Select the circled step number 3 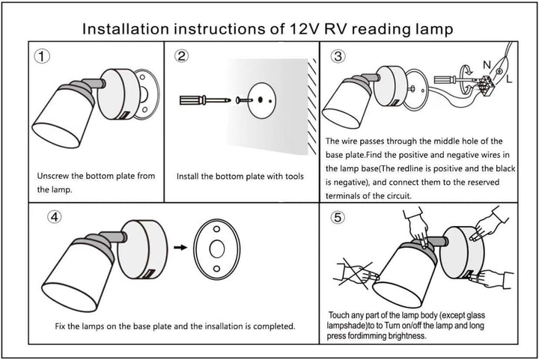pyautogui.click(x=338, y=57)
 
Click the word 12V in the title pyautogui.click(x=302, y=29)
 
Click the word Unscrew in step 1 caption pyautogui.click(x=56, y=176)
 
